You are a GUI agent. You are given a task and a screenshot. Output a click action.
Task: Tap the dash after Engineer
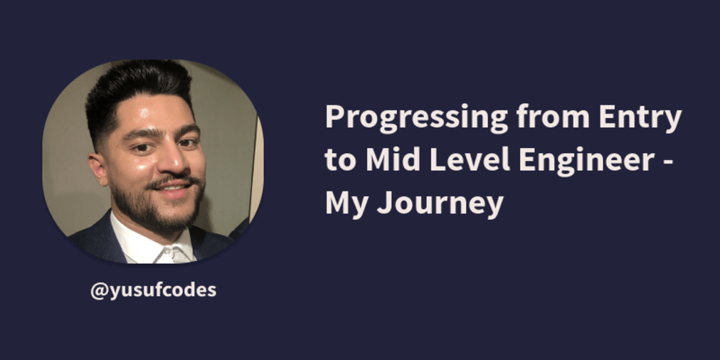665,163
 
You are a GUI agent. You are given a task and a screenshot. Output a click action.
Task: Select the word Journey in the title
440,205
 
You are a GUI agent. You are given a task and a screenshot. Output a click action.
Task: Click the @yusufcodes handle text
153,290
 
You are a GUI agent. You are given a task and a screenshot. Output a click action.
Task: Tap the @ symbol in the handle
98,290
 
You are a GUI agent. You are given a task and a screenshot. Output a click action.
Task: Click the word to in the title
340,161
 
